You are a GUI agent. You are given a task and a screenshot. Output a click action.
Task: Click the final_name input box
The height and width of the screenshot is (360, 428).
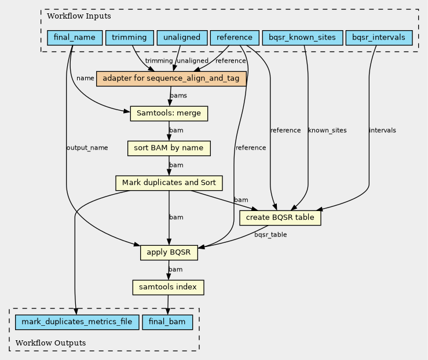click(75, 38)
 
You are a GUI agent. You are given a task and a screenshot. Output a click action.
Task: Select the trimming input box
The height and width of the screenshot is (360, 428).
click(129, 38)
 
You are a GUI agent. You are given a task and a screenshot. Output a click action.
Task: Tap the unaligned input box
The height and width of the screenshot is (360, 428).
click(182, 38)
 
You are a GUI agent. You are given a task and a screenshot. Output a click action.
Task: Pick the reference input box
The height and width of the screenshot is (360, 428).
click(235, 38)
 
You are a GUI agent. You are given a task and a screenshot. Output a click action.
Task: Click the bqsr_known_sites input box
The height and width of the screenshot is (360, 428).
click(302, 38)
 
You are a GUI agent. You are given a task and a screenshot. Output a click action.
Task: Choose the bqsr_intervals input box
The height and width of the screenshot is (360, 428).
click(379, 38)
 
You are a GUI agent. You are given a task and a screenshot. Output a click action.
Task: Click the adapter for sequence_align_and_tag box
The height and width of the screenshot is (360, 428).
click(171, 79)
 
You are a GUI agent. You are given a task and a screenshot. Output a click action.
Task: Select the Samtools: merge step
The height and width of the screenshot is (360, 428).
click(169, 114)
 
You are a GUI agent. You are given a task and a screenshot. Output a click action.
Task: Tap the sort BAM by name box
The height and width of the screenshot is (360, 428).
click(169, 148)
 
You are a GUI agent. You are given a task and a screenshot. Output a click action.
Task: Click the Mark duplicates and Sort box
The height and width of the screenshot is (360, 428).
click(169, 183)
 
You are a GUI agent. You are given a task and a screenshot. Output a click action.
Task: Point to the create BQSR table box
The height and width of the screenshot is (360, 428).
click(280, 218)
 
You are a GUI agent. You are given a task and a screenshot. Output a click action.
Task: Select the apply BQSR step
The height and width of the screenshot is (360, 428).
click(169, 253)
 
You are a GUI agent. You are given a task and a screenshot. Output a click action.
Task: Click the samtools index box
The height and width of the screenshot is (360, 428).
click(168, 288)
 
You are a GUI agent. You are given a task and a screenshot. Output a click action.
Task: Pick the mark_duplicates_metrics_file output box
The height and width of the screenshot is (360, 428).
click(77, 322)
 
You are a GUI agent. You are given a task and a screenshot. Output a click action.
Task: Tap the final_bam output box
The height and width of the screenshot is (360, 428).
click(167, 322)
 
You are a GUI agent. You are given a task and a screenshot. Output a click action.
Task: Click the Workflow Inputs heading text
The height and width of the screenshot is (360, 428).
click(79, 16)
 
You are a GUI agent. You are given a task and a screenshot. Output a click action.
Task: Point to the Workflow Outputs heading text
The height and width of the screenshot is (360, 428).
click(50, 343)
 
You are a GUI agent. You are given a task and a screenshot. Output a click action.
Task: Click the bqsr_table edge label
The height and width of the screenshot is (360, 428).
click(270, 235)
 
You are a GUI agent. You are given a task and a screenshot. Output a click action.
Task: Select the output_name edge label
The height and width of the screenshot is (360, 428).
click(87, 148)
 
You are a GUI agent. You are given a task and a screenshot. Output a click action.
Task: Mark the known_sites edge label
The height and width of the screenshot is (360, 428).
click(327, 130)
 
